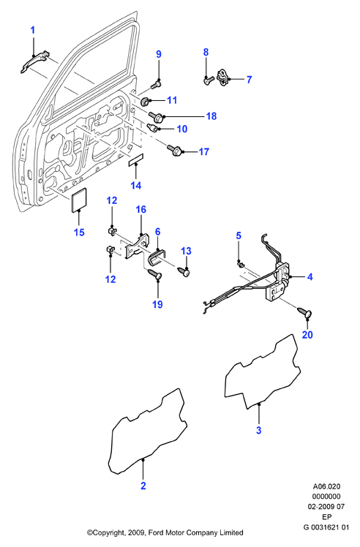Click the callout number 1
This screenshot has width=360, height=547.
(33, 31)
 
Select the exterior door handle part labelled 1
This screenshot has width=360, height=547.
(34, 62)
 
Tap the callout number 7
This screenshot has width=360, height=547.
(249, 80)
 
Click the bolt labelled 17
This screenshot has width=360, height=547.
(175, 151)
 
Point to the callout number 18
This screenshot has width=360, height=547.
(211, 116)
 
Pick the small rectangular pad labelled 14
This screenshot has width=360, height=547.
(136, 159)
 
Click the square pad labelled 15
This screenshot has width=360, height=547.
(79, 200)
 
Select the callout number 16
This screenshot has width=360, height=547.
(140, 210)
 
